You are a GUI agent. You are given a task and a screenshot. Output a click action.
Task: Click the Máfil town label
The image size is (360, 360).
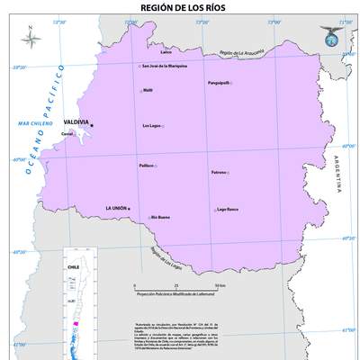148,90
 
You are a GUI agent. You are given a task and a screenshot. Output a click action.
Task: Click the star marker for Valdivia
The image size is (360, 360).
91,125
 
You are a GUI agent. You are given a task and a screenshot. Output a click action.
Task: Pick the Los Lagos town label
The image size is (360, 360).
152,125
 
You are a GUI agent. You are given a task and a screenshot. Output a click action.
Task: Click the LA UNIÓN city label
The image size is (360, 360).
116,208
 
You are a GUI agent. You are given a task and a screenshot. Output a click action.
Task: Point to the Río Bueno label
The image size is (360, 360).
160,217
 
